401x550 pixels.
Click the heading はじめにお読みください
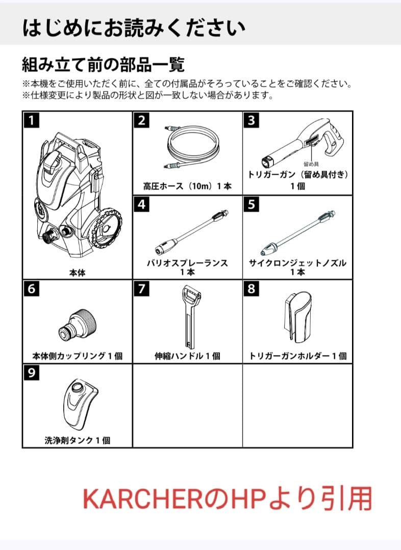(134, 28)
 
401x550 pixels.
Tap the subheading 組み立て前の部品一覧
(103, 65)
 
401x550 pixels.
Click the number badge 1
(32, 121)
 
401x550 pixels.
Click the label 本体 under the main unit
(77, 273)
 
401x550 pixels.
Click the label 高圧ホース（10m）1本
(187, 186)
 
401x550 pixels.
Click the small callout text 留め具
(312, 164)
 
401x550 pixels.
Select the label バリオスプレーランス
(187, 263)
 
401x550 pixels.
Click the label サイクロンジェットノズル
(297, 263)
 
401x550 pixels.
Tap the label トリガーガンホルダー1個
(297, 356)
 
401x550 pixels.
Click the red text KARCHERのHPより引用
(227, 499)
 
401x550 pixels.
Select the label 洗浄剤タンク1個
(77, 441)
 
